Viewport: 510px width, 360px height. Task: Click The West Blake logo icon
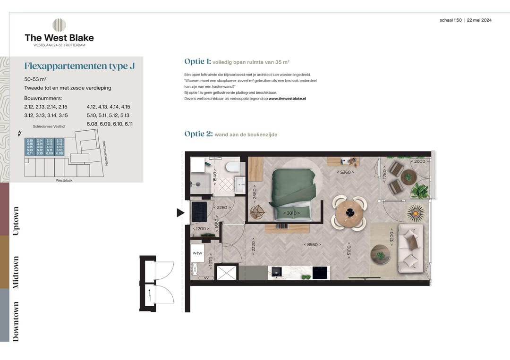(x=59, y=25)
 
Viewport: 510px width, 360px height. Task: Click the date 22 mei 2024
(x=480, y=20)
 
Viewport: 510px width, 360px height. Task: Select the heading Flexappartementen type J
(x=79, y=66)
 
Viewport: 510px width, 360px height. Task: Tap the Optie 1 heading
(x=197, y=61)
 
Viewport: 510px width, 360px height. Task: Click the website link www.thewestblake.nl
(x=288, y=99)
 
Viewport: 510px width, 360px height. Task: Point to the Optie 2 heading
(x=198, y=134)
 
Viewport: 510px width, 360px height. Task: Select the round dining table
(x=349, y=212)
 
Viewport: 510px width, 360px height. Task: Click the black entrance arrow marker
(x=180, y=213)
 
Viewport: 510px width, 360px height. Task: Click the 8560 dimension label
(x=312, y=244)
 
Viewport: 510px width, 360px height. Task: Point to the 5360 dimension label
(x=346, y=172)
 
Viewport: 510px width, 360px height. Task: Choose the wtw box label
(x=197, y=253)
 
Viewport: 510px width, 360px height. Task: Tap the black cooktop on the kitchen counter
(x=320, y=272)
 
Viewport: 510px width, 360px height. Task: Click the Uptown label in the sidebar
(x=16, y=221)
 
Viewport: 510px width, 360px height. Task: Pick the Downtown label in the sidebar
(x=16, y=321)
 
